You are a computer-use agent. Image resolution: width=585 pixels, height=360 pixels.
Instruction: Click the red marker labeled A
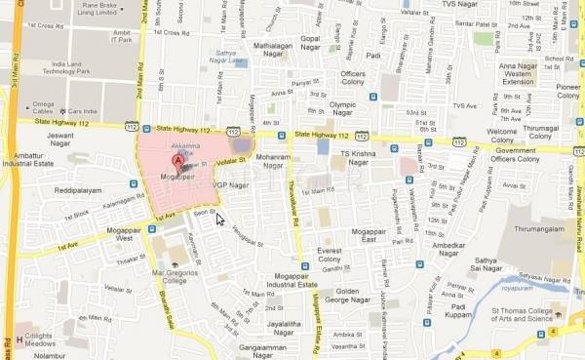177,161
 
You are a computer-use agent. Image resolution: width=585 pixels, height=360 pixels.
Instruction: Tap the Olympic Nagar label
349,106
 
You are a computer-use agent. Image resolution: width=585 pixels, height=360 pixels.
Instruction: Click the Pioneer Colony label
569,91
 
